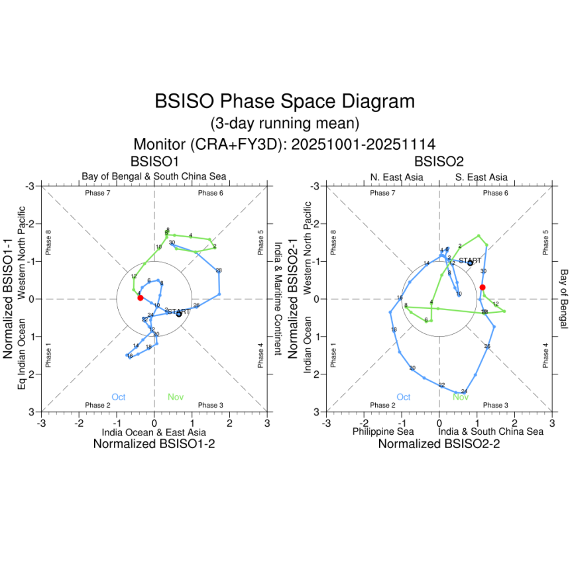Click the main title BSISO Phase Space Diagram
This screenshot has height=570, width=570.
284,102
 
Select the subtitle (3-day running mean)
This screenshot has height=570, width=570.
284,123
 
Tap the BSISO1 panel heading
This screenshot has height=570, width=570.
154,161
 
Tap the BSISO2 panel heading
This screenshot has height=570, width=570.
439,161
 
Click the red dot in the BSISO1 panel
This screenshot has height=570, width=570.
140,298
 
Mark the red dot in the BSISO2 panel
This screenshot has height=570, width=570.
483,287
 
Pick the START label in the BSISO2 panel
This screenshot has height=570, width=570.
470,260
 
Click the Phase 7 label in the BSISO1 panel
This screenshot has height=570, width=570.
97,193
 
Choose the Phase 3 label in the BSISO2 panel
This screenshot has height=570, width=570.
494,405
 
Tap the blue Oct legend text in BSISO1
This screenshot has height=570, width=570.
119,397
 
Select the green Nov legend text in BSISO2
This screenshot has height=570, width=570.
460,397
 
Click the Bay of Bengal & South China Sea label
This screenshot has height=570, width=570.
154,176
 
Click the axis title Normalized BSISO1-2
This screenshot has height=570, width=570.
154,445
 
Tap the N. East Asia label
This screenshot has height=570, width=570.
396,177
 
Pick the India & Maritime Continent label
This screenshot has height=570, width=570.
278,298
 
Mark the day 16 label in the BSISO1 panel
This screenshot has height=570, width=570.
130,357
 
